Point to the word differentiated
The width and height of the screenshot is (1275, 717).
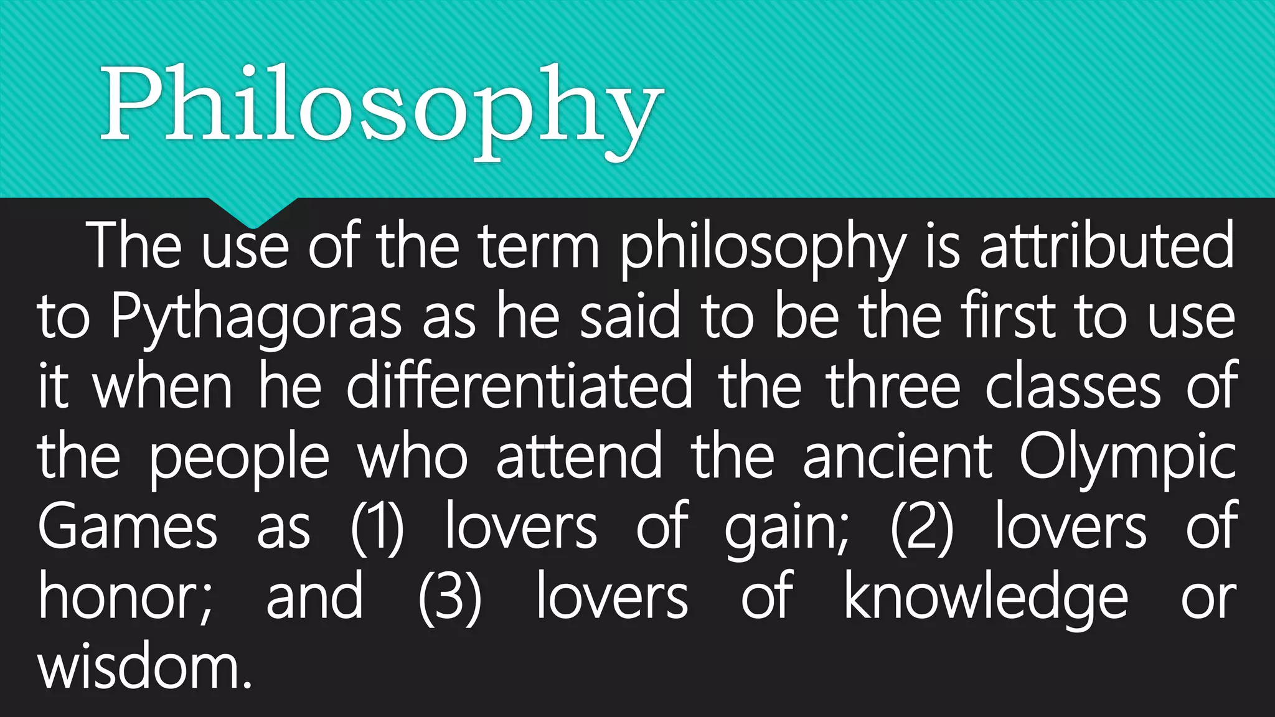(x=519, y=387)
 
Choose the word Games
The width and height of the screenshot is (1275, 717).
(x=128, y=528)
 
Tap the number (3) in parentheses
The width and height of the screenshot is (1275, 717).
(x=449, y=599)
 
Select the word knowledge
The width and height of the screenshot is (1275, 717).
(x=986, y=599)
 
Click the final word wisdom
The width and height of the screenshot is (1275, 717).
(x=144, y=668)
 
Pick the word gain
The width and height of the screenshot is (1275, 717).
(x=786, y=529)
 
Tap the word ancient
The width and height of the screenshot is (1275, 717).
(x=897, y=458)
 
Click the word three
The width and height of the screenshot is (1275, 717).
(x=894, y=387)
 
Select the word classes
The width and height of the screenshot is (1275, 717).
(x=1073, y=387)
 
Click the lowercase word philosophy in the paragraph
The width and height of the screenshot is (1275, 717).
(x=763, y=248)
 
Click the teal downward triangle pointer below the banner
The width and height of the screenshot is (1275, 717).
(x=252, y=212)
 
